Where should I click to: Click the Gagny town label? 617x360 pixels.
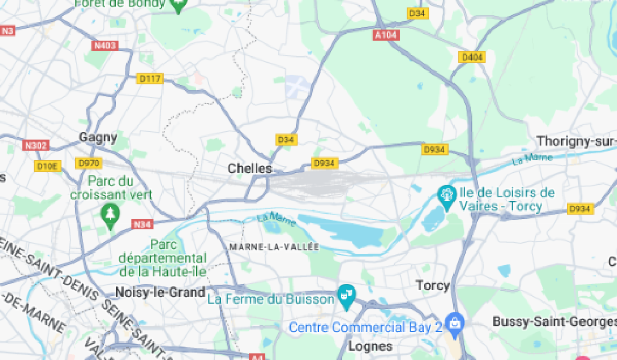point(98,137)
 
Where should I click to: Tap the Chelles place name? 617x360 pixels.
point(249,168)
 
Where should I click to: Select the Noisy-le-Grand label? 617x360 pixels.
point(160,292)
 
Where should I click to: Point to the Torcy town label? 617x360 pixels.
point(432,285)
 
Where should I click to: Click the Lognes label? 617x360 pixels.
point(370,345)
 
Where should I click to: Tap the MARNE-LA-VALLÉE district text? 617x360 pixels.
point(274,247)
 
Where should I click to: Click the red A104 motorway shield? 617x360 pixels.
point(386,35)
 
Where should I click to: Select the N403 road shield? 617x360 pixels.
point(105,46)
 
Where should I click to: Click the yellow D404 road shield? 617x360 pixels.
point(472,57)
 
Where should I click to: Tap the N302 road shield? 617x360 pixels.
point(35,146)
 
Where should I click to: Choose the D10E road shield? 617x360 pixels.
point(48,166)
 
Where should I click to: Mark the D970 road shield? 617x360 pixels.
point(88,164)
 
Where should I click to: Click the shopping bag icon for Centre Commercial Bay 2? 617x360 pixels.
point(455,323)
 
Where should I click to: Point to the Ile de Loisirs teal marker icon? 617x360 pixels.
point(446,195)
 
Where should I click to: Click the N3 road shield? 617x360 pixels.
point(7,31)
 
